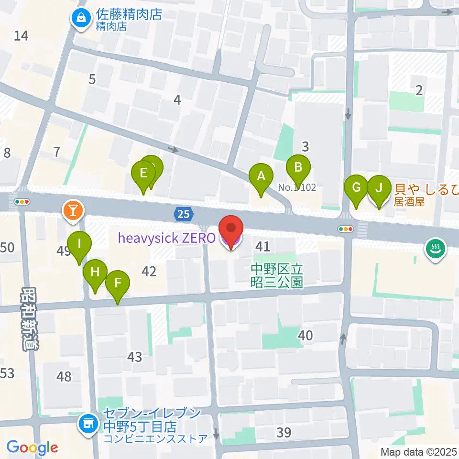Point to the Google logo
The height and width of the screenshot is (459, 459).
pyautogui.click(x=32, y=448)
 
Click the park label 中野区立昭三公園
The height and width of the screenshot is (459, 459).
pyautogui.click(x=277, y=276)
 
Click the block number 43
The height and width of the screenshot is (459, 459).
pyautogui.click(x=135, y=356)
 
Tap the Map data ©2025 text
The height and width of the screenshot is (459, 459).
pyautogui.click(x=418, y=452)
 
